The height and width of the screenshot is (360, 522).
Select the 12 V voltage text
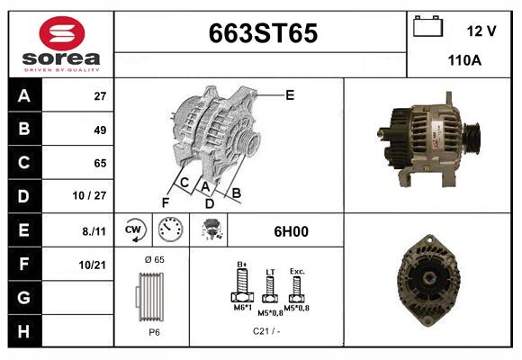click(481, 31)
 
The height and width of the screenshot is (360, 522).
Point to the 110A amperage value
click(465, 61)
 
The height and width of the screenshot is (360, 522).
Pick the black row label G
click(24, 297)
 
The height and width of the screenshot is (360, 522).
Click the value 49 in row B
click(100, 130)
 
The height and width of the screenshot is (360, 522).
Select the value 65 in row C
click(100, 163)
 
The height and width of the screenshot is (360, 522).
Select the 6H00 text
click(291, 231)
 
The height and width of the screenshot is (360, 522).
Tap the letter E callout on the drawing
click(290, 94)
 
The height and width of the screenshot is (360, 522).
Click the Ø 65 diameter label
click(154, 259)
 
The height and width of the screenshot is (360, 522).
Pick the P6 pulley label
click(154, 331)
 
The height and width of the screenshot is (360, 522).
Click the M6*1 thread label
click(242, 309)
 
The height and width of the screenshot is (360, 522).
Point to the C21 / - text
click(267, 331)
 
